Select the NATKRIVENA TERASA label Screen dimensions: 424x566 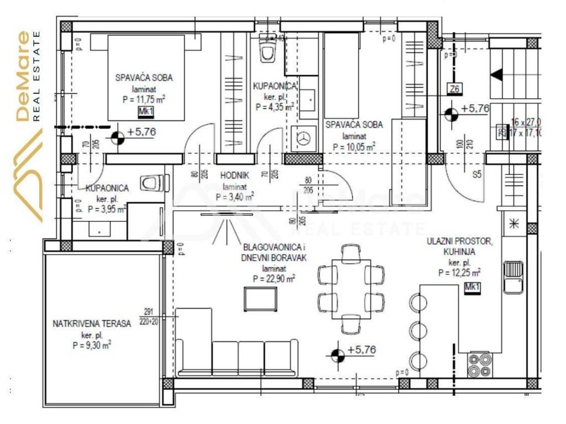pyautogui.click(x=92, y=324)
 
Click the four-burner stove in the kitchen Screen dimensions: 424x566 pyautogui.click(x=480, y=362)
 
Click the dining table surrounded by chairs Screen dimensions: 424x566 pyautogui.click(x=352, y=290)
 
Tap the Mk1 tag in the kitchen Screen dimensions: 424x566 pyautogui.click(x=472, y=287)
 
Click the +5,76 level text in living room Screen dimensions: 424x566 pyautogui.click(x=362, y=350)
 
